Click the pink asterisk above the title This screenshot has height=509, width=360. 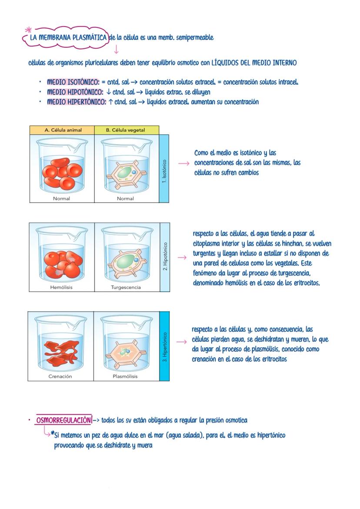pyautogui.click(x=29, y=30)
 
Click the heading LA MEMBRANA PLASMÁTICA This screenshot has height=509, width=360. pyautogui.click(x=68, y=38)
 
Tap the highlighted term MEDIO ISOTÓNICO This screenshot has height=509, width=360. pyautogui.click(x=73, y=82)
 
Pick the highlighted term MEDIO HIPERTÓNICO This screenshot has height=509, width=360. pyautogui.click(x=77, y=102)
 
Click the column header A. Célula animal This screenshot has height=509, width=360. pyautogui.click(x=62, y=130)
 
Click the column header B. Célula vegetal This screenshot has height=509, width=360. pyautogui.click(x=126, y=130)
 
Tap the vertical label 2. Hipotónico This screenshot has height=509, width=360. pyautogui.click(x=165, y=256)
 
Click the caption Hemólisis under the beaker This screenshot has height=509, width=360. pyautogui.click(x=61, y=287)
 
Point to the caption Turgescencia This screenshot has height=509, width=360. pyautogui.click(x=126, y=287)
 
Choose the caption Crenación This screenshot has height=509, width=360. pyautogui.click(x=60, y=376)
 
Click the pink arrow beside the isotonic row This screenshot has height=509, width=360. pyautogui.click(x=184, y=163)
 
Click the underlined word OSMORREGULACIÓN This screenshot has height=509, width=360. pyautogui.click(x=64, y=420)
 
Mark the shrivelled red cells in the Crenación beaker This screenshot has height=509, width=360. pyautogui.click(x=61, y=349)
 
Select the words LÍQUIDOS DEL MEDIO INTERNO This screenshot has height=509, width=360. pyautogui.click(x=254, y=63)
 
